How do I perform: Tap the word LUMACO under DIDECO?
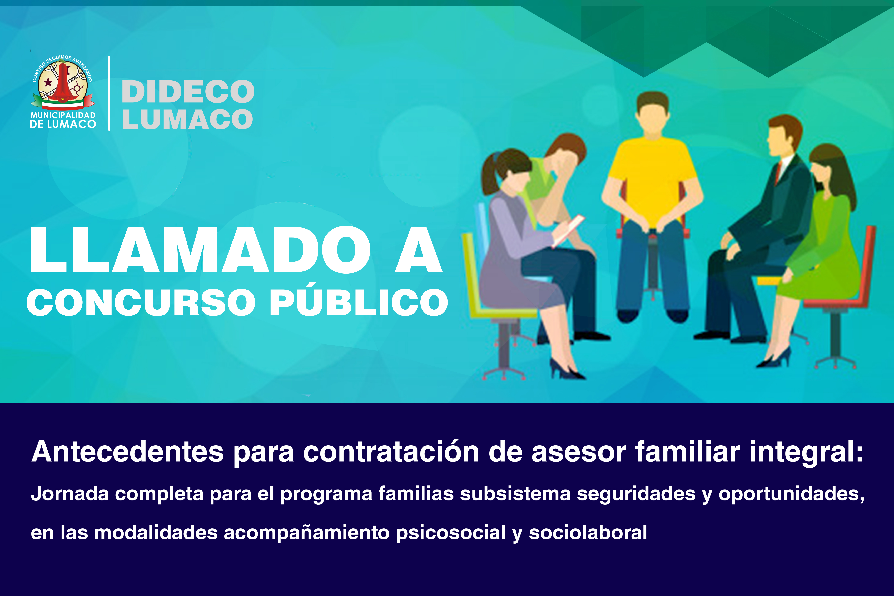(187, 119)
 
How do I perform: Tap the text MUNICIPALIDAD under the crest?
(63, 115)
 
